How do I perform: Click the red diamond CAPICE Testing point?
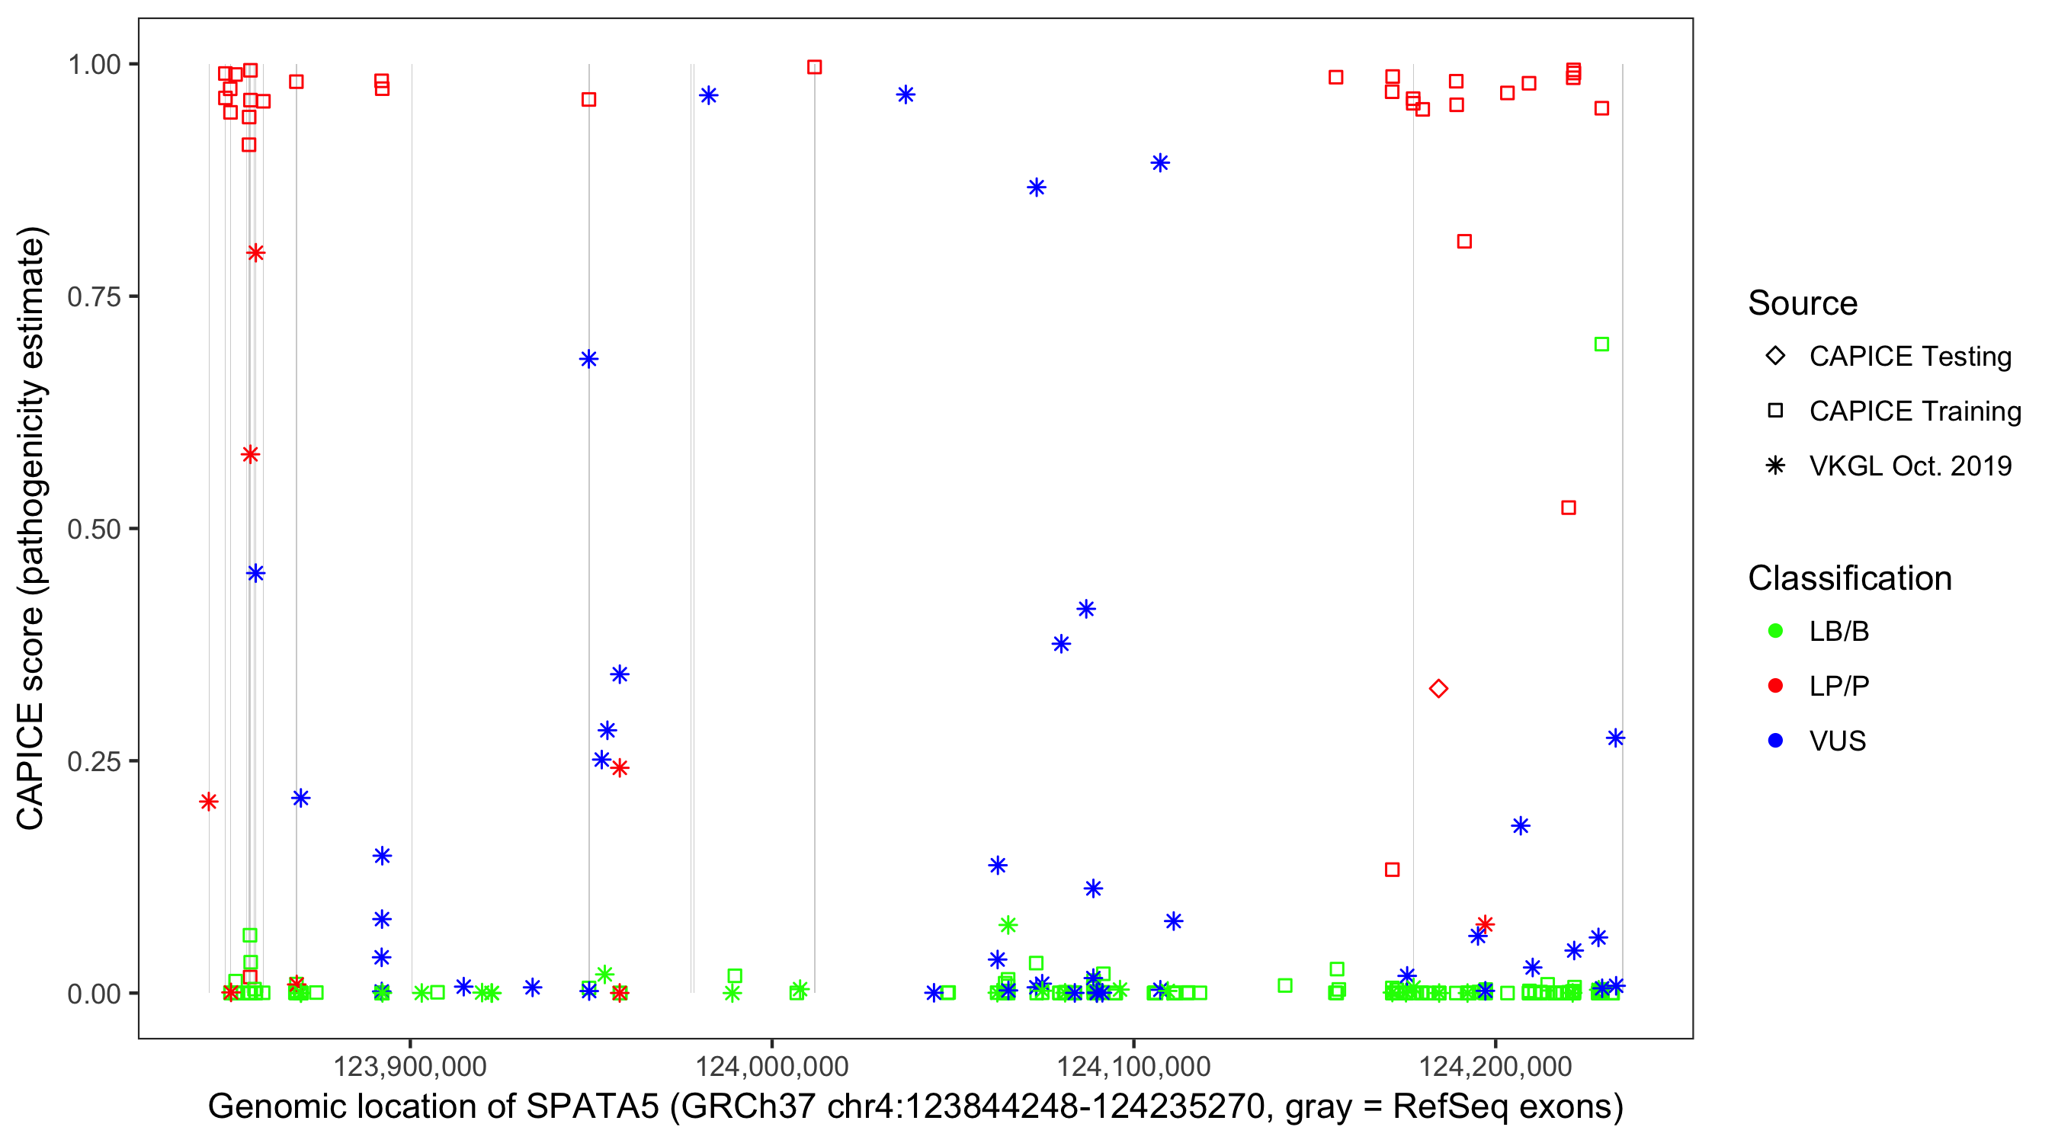[1438, 689]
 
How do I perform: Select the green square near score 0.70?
[1601, 344]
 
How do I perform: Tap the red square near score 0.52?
[1568, 508]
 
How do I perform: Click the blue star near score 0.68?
[588, 359]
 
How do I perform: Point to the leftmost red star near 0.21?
[209, 801]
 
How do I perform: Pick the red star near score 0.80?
[255, 253]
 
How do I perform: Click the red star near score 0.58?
[250, 454]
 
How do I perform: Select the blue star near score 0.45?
[255, 573]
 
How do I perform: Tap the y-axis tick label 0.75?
[94, 297]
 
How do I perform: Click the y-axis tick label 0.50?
[94, 529]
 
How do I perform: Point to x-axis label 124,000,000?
[771, 1066]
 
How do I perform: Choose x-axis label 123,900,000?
[410, 1066]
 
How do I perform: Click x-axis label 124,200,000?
[1495, 1066]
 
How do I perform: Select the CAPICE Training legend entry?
[1915, 411]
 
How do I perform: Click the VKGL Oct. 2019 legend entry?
[1910, 466]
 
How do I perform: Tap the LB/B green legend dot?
[1775, 631]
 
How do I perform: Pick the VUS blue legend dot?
[1775, 741]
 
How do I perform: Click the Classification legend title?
[1849, 578]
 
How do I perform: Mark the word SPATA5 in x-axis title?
[592, 1107]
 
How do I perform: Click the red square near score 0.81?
[1463, 242]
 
